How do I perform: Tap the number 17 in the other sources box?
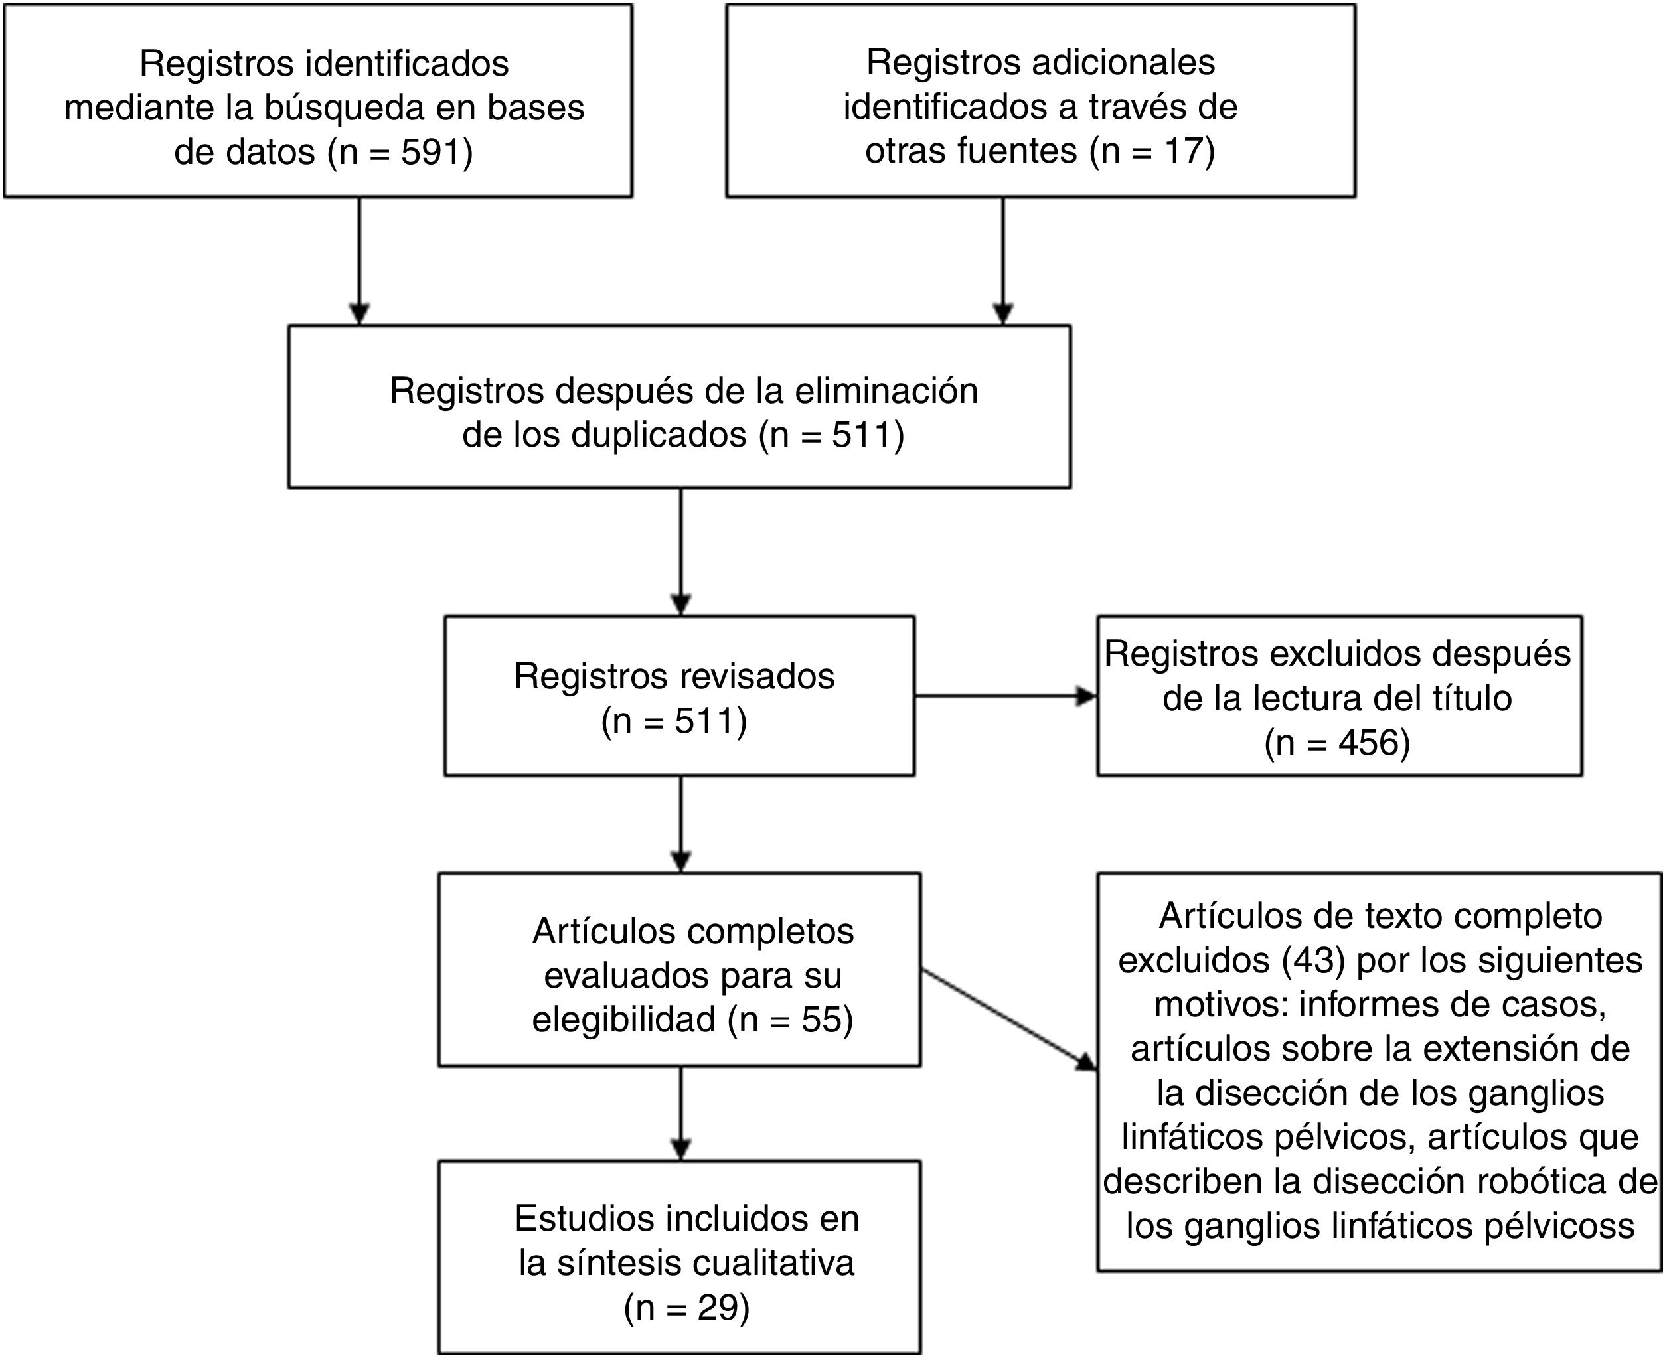(1186, 150)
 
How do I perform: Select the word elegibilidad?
(623, 1019)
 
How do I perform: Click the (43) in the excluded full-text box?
(1314, 960)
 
